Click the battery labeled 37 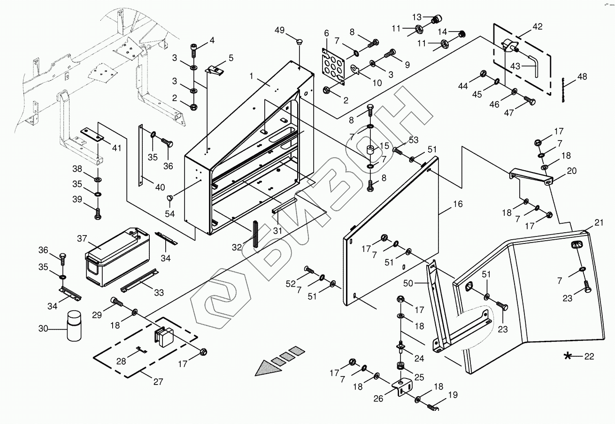[117, 257]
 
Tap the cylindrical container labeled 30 [74, 326]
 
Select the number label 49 [279, 30]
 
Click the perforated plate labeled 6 [333, 66]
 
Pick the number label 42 [537, 27]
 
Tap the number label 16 [458, 204]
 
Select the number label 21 [599, 223]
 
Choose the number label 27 [158, 382]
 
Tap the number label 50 [408, 283]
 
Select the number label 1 [251, 76]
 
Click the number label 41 [117, 148]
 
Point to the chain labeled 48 [563, 90]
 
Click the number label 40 [160, 188]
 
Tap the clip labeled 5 [215, 71]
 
